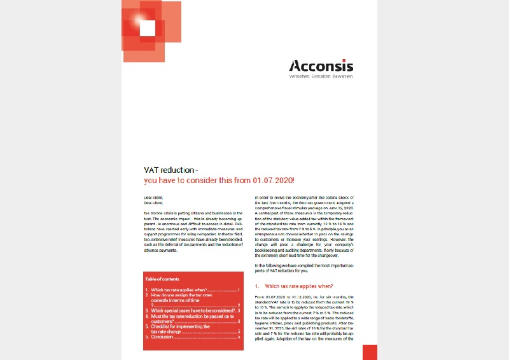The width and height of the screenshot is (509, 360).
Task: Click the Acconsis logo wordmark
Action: click(x=321, y=66)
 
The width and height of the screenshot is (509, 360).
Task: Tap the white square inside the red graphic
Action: click(x=147, y=28)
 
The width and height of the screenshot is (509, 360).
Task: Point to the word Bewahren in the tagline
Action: click(x=342, y=76)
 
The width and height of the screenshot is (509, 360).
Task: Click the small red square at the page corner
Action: click(x=370, y=352)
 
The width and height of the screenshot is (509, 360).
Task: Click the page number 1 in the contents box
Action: click(x=238, y=290)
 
